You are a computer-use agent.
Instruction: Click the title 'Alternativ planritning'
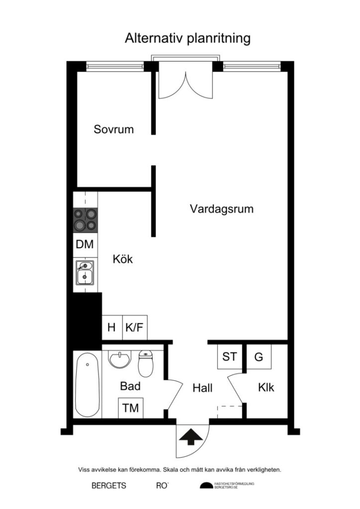187,39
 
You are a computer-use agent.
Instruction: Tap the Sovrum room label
114,130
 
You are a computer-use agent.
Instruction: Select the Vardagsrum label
221,209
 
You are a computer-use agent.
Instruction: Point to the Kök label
123,259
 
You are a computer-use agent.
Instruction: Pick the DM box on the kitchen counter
85,245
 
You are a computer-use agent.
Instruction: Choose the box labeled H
112,328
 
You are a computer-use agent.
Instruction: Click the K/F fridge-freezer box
135,328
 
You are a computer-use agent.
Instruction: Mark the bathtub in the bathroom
88,385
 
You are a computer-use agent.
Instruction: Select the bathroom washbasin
120,359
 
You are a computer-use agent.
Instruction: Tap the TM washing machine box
131,409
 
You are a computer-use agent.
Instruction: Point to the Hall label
202,388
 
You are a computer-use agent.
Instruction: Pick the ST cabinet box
230,356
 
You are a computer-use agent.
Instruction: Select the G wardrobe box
259,356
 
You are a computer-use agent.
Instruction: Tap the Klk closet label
266,388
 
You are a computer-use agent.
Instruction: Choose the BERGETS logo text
109,486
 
